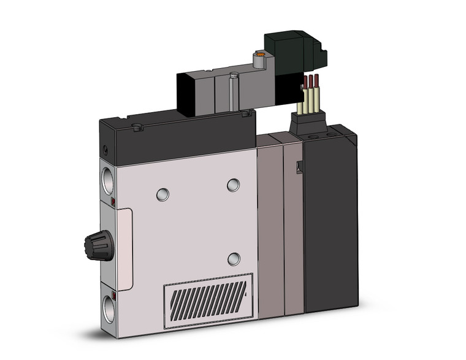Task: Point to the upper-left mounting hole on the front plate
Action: point(161,194)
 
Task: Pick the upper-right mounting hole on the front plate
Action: point(233,185)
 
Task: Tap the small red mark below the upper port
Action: point(113,201)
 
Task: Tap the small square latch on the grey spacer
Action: point(299,166)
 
